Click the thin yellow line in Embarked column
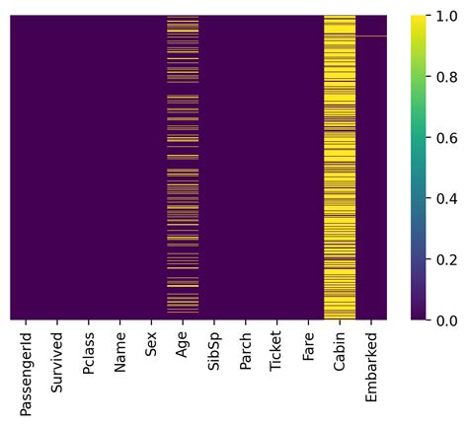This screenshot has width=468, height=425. click(x=371, y=36)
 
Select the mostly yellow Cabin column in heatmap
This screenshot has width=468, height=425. click(x=340, y=168)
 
